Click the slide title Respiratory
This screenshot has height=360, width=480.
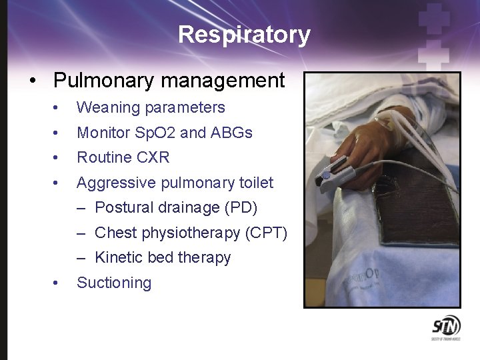point(244,35)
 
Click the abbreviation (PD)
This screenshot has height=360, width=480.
point(241,207)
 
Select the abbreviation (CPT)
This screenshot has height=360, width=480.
point(267,233)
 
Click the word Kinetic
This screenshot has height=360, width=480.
point(117,257)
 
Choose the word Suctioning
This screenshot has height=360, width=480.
point(114,283)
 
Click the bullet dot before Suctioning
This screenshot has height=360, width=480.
point(59,283)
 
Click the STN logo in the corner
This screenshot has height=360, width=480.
point(445,329)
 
